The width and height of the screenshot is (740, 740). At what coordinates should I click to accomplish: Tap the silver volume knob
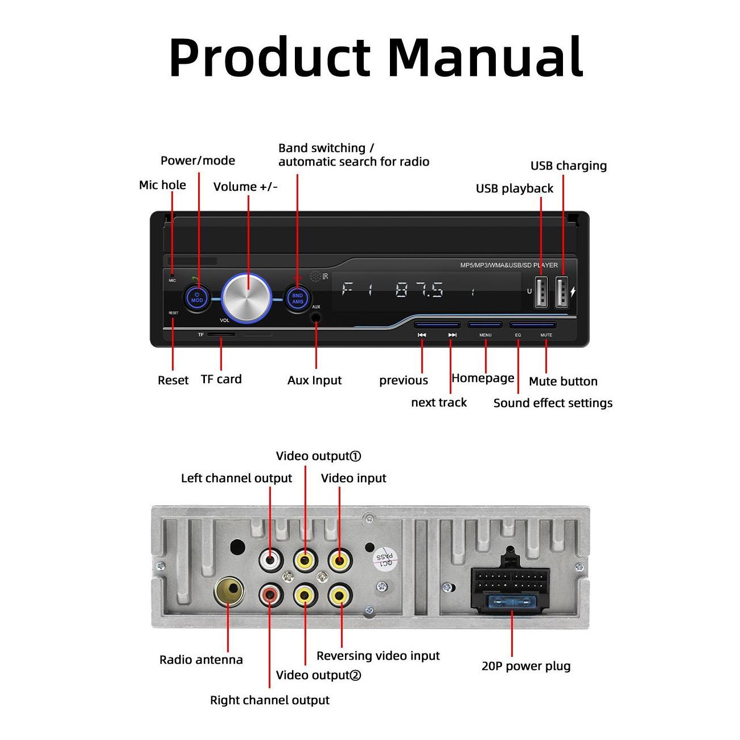[247, 298]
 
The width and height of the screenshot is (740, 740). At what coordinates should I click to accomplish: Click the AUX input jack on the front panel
[315, 316]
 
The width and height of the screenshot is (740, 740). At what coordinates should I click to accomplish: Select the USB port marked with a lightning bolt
[561, 293]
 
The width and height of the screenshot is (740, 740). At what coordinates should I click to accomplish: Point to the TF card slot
[220, 335]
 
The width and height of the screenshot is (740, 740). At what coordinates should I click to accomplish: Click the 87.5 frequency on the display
[420, 291]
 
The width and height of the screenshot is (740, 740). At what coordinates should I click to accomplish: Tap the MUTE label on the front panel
[546, 335]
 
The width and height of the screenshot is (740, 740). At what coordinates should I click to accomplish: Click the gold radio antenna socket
[229, 592]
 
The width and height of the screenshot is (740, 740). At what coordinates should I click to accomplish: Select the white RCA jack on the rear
[270, 561]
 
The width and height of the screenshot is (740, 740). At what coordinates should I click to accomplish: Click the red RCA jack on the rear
[270, 595]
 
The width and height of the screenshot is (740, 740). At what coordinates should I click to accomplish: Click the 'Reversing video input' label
[378, 656]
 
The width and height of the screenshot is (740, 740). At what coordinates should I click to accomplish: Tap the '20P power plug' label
[526, 666]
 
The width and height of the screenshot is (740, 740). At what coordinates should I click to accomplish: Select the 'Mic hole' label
[162, 185]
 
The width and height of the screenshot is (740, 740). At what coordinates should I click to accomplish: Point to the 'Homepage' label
[483, 379]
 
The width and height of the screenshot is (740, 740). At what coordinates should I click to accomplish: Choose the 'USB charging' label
[568, 166]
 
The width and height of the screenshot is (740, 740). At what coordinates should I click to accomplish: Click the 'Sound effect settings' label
[553, 403]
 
